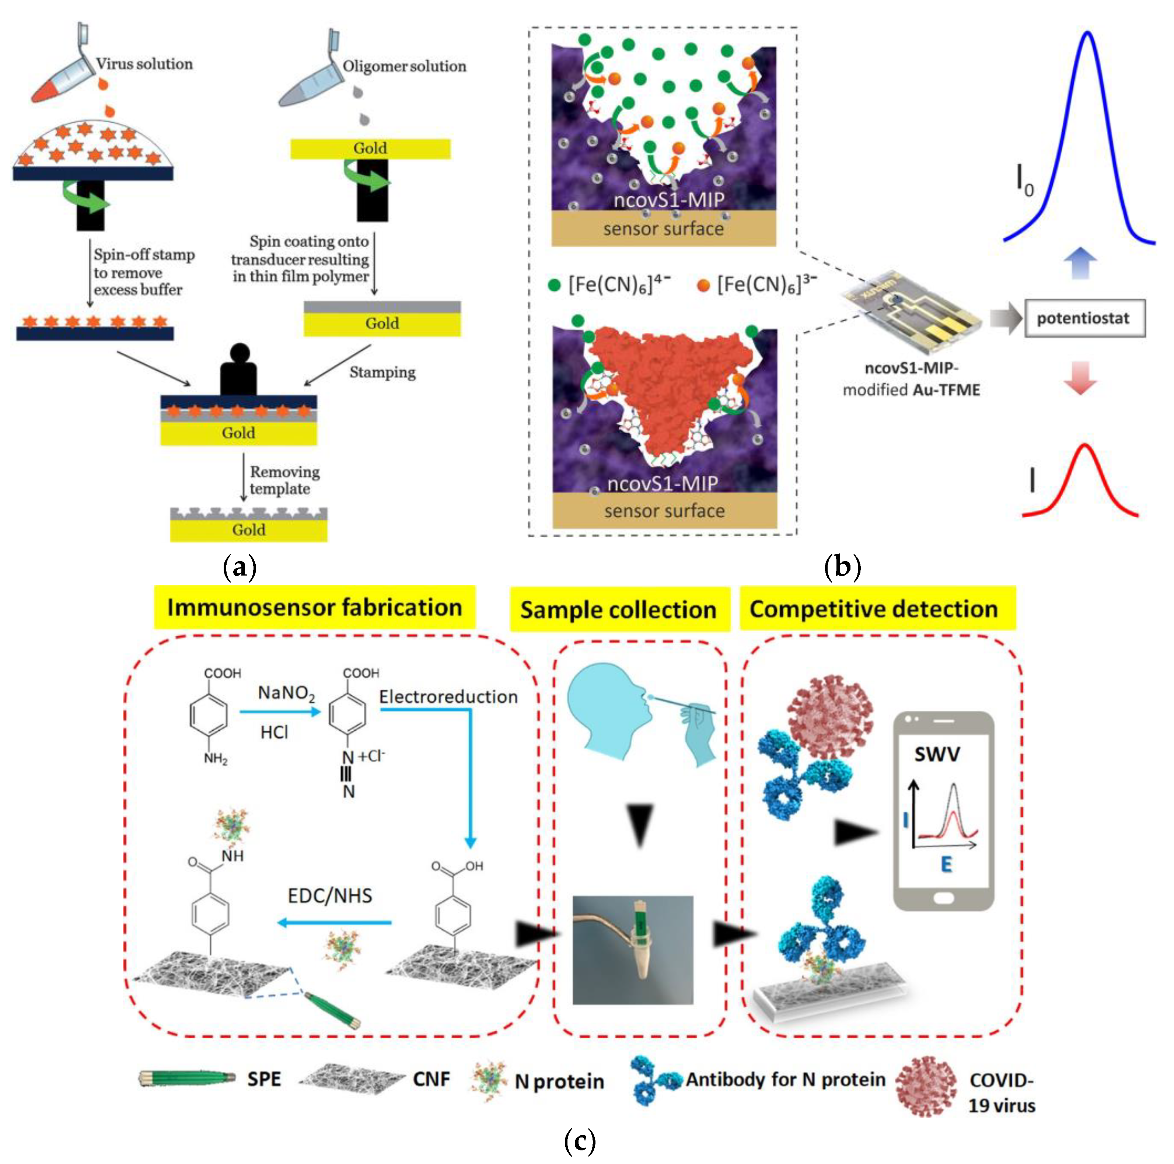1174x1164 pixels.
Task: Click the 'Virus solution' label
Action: point(144,64)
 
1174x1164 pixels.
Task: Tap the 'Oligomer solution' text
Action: point(404,66)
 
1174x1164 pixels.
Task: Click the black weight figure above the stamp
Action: point(238,371)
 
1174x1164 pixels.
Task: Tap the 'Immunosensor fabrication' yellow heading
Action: point(314,607)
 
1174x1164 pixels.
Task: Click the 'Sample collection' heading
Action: point(619,609)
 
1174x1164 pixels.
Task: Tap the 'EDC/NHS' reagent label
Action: point(330,895)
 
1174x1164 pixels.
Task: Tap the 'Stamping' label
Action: point(382,372)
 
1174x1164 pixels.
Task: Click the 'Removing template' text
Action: point(284,480)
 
